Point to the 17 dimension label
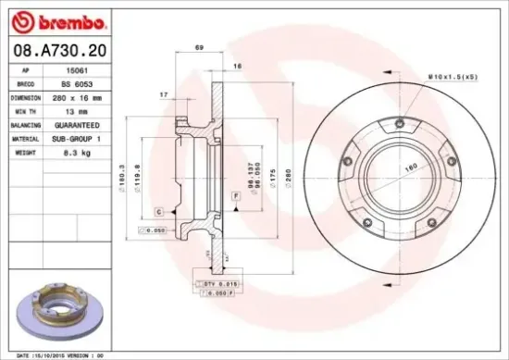pyautogui.click(x=163, y=94)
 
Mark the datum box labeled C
pyautogui.click(x=158, y=212)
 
